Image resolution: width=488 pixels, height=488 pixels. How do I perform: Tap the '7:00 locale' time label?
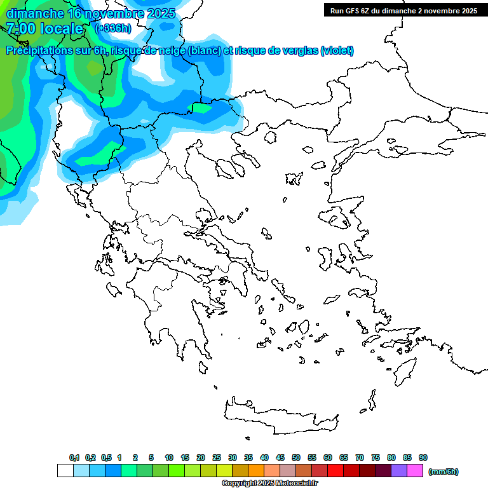pos(44,29)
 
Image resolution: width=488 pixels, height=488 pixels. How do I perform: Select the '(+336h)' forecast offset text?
pos(112,29)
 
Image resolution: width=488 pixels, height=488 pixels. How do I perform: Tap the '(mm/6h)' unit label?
pos(443,471)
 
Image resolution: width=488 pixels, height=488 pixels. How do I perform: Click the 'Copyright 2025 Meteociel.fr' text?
pos(269,484)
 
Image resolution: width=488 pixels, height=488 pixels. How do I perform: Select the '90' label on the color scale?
pos(423,457)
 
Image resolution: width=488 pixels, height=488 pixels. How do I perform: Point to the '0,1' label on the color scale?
pos(74,457)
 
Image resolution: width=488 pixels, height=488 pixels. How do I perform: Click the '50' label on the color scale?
pos(296,457)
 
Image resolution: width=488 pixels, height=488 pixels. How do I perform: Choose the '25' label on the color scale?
pos(217,457)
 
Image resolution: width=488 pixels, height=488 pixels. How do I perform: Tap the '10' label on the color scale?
pos(169,457)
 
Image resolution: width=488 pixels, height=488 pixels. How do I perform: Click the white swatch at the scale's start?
pos(65,470)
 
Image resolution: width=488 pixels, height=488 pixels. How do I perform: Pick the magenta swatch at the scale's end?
pos(415,470)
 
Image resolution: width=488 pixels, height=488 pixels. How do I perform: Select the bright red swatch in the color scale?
pos(335,470)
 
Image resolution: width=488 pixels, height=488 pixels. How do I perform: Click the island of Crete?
pos(280,413)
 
